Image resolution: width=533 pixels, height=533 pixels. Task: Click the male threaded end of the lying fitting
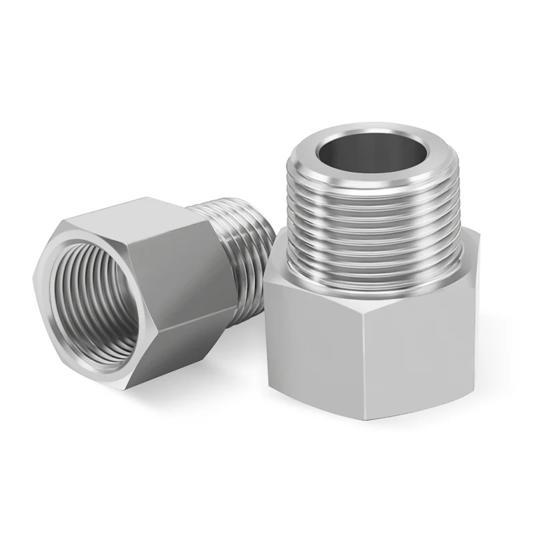tap(243, 247)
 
